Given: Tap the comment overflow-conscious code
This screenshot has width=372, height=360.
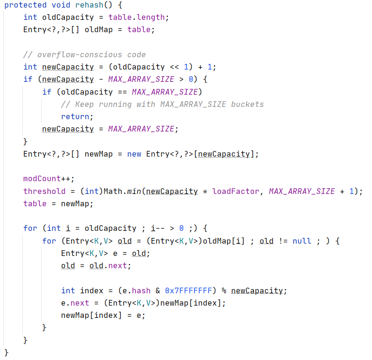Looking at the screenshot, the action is pyautogui.click(x=85, y=54).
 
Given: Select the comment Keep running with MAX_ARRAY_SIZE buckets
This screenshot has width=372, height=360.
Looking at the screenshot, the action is pyautogui.click(x=162, y=104).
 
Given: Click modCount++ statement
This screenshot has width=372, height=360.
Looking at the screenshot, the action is pyautogui.click(x=49, y=179).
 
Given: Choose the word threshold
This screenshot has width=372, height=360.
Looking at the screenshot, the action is pyautogui.click(x=44, y=191).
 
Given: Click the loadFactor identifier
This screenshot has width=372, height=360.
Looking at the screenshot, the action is pyautogui.click(x=235, y=191).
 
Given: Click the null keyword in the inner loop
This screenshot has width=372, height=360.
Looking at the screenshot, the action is pyautogui.click(x=302, y=241).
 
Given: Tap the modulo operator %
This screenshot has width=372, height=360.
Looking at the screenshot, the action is pyautogui.click(x=224, y=290).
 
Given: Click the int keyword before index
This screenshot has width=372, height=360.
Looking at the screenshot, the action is pyautogui.click(x=68, y=290).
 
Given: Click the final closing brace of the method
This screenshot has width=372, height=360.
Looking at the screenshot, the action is pyautogui.click(x=7, y=352).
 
